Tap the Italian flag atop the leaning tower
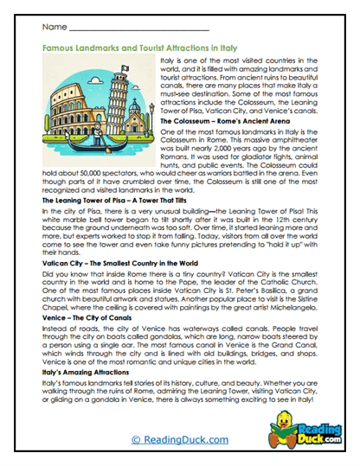pos(125,69)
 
